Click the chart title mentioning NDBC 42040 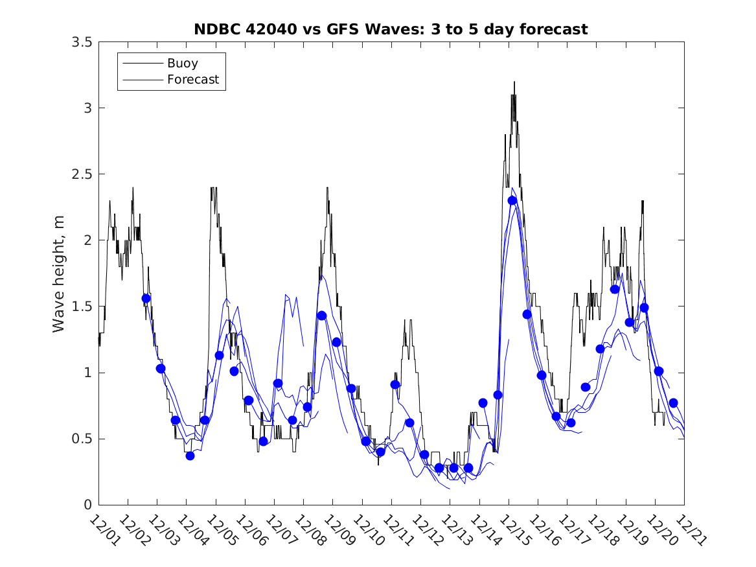(x=391, y=29)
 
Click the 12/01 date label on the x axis (x=103, y=531)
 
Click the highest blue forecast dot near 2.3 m (x=512, y=200)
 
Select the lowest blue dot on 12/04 (x=190, y=456)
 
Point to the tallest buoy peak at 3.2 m (x=514, y=82)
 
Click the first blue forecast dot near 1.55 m (x=146, y=298)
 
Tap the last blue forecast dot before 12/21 (x=673, y=402)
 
